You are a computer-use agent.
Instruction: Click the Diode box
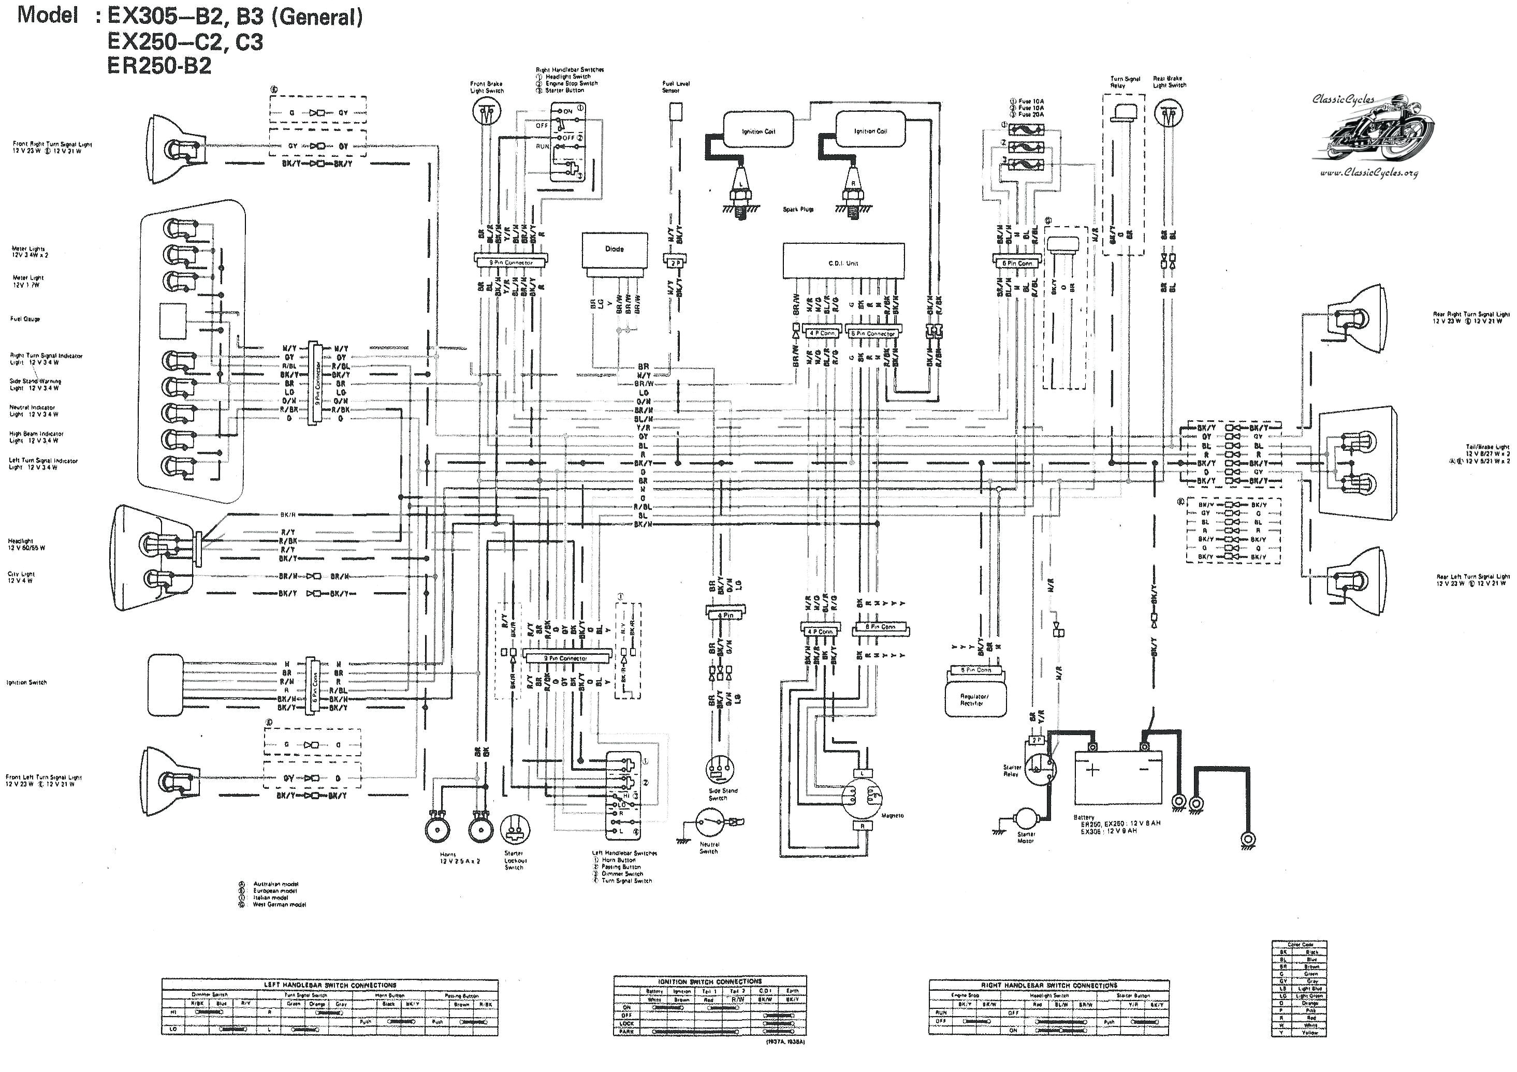point(614,249)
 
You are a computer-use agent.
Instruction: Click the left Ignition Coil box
point(758,131)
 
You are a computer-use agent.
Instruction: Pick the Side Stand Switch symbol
point(718,770)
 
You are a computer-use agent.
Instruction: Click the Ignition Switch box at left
point(165,684)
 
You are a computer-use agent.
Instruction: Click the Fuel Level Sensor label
point(676,86)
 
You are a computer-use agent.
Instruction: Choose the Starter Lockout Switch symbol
point(515,828)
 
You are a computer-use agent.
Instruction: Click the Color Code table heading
point(1300,945)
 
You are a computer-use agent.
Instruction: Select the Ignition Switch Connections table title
point(710,981)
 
